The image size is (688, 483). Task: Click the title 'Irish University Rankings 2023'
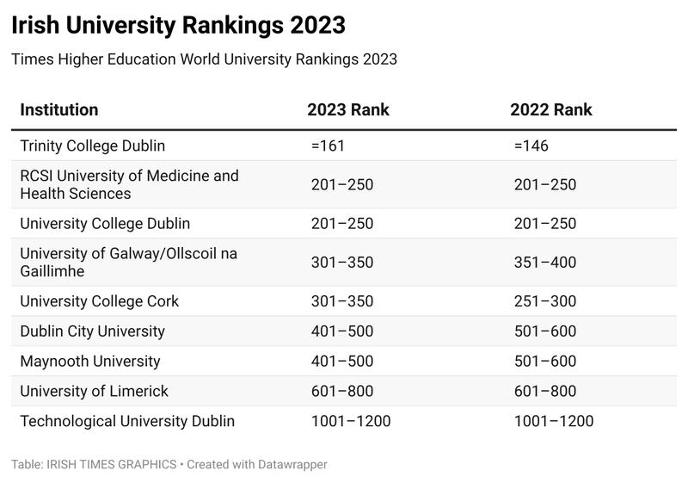[178, 26]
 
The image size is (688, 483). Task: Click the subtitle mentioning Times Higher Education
[204, 59]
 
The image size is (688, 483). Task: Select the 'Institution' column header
[59, 110]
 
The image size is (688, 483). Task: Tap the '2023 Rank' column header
[348, 110]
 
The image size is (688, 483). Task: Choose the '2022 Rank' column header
[550, 110]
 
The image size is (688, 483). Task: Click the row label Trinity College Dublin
[92, 146]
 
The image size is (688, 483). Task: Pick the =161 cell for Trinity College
[328, 146]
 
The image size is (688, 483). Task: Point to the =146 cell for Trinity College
[531, 146]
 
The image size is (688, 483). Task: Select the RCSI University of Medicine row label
[129, 184]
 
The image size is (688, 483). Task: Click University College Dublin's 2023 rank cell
[341, 223]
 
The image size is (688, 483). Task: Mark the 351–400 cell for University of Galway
[544, 263]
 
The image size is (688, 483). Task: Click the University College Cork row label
[100, 301]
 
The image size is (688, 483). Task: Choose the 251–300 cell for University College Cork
[544, 301]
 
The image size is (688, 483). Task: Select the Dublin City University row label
[92, 331]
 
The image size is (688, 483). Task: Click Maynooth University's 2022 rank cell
[544, 362]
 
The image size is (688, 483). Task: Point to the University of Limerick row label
[95, 392]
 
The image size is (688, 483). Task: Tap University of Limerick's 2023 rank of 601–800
[341, 392]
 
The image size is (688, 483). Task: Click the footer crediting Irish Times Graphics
[169, 464]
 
